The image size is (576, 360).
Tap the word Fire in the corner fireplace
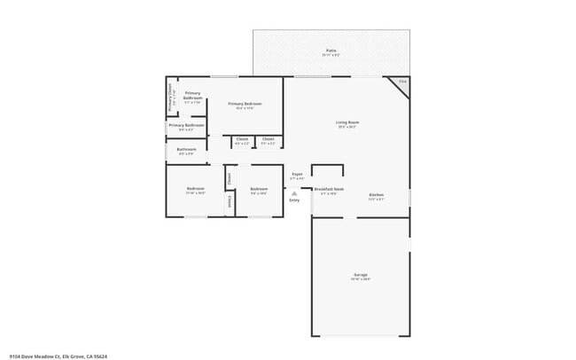click(402, 82)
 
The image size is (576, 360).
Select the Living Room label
click(346, 122)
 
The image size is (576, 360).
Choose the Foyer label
click(298, 174)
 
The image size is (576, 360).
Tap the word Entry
click(294, 200)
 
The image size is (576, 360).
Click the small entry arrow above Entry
click(294, 191)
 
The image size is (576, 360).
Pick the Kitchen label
click(376, 194)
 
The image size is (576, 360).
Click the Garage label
click(361, 275)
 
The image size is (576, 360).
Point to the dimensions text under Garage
click(361, 279)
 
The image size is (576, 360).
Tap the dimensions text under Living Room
click(346, 127)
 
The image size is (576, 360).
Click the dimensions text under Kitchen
click(376, 199)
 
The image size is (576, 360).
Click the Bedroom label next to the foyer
click(259, 189)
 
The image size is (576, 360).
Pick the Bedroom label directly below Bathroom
click(195, 189)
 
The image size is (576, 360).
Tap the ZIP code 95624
click(100, 356)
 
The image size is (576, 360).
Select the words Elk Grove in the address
click(66, 356)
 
